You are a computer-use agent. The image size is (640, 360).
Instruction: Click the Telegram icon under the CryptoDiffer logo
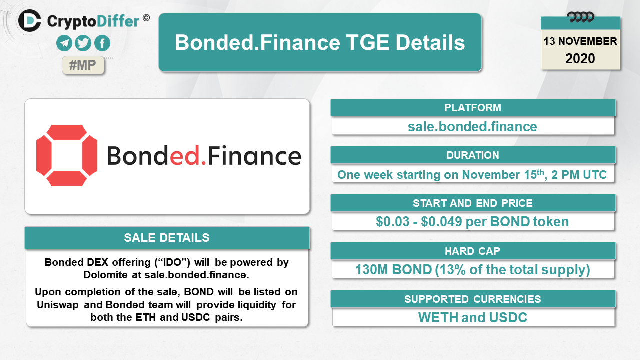64,43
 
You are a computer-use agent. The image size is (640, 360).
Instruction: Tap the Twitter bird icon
83,43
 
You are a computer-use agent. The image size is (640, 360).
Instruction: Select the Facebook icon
102,43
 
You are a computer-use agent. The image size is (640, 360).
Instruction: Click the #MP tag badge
83,65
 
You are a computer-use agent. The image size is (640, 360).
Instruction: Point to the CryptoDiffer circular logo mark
29,21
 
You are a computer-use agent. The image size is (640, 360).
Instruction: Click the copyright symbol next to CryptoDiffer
146,18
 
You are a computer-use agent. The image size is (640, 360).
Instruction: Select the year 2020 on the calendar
580,59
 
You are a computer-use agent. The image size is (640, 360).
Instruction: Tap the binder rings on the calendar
580,17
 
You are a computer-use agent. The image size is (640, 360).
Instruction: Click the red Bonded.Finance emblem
67,155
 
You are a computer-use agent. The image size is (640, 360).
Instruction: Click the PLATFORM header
473,108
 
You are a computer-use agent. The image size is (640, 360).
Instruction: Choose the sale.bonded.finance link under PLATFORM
472,127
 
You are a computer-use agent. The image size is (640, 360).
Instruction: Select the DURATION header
473,155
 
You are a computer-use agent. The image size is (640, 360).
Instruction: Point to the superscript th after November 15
540,172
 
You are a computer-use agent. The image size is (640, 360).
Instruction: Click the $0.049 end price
441,221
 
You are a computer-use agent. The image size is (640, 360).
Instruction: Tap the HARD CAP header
473,251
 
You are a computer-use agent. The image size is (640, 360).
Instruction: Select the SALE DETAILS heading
167,238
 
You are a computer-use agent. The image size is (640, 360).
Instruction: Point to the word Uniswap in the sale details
57,305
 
